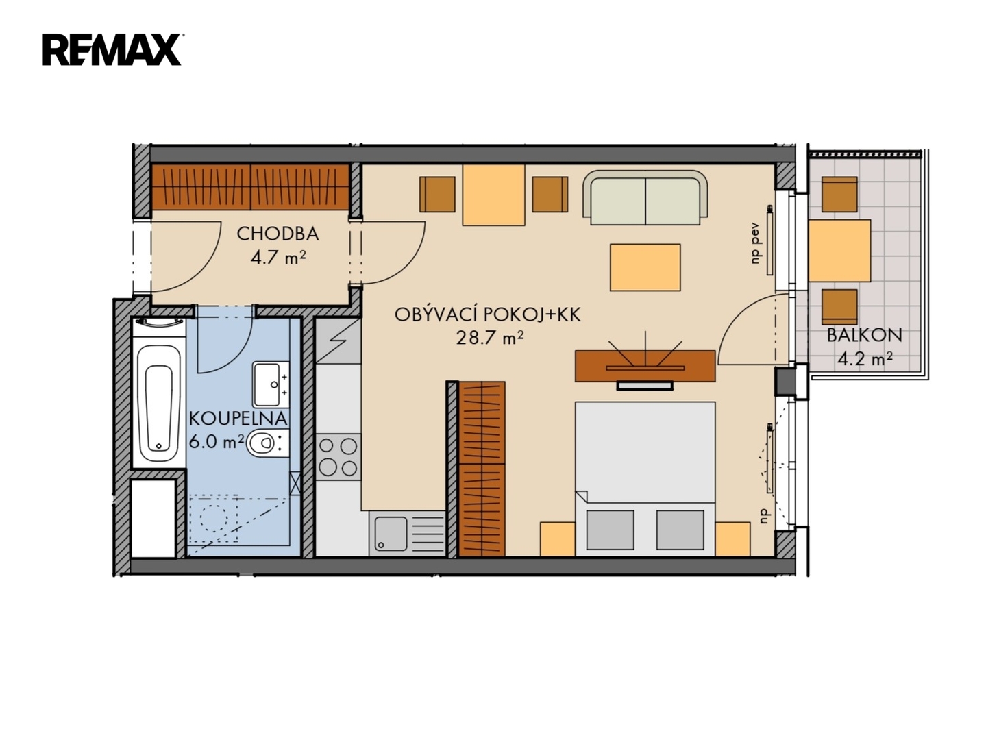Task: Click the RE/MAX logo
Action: click(x=112, y=50)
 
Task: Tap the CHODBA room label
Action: click(x=278, y=234)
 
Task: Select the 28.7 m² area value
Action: click(x=490, y=337)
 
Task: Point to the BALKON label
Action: click(x=864, y=336)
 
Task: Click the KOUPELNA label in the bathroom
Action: click(x=238, y=419)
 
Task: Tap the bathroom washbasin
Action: click(x=271, y=384)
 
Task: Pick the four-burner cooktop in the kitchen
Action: click(x=338, y=457)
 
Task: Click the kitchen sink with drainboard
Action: click(x=407, y=533)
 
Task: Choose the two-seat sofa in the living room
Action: click(x=645, y=198)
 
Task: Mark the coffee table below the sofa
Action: click(x=645, y=268)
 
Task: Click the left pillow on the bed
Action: click(x=610, y=530)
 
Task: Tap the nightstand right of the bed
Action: click(x=732, y=539)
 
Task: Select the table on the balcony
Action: click(x=839, y=251)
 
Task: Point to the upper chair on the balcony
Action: click(x=839, y=195)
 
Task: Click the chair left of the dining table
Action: click(x=437, y=195)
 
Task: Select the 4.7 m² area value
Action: click(x=278, y=258)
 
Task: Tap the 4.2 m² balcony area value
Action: click(x=864, y=359)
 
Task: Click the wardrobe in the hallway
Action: click(x=251, y=187)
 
